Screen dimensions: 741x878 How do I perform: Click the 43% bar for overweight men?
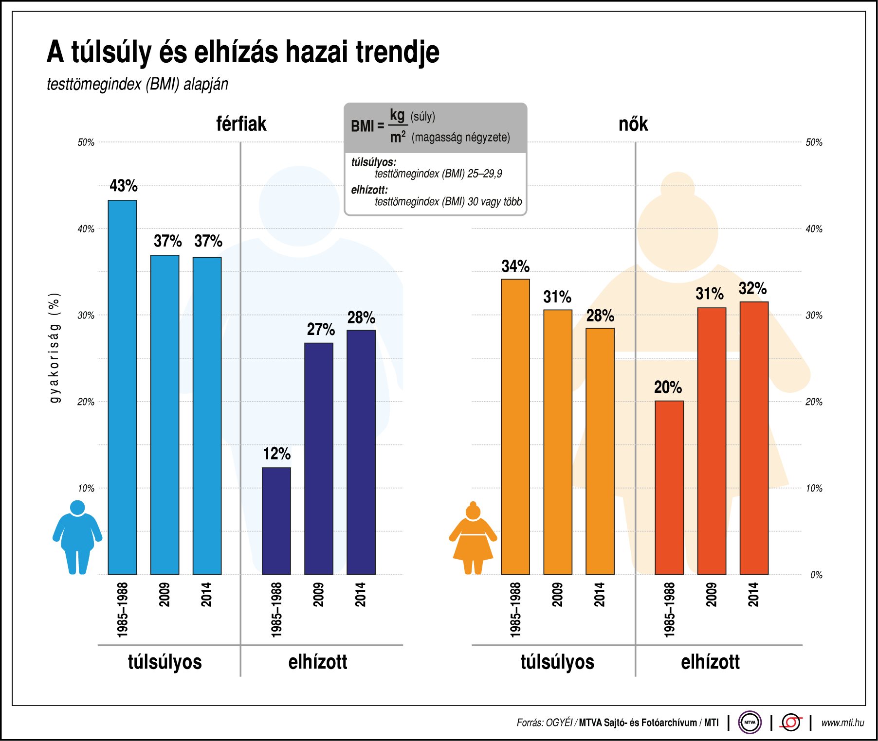[x=122, y=387]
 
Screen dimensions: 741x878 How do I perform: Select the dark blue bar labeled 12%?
[x=276, y=521]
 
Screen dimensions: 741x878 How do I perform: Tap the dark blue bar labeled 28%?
[x=361, y=452]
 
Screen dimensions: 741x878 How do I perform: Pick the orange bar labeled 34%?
[x=515, y=426]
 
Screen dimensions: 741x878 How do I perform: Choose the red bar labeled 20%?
[x=669, y=487]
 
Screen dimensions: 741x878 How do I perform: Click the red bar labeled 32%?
[x=753, y=438]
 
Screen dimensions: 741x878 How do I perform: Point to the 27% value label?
[x=320, y=330]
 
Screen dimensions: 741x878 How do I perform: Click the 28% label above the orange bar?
[x=600, y=316]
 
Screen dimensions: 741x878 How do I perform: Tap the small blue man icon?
[x=77, y=537]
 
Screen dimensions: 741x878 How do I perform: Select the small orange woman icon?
[x=473, y=538]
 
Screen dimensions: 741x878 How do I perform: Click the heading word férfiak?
[x=241, y=124]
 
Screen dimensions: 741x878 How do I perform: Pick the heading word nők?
[x=633, y=124]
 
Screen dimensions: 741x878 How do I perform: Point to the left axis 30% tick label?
[x=86, y=315]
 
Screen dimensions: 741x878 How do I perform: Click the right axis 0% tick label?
[x=816, y=575]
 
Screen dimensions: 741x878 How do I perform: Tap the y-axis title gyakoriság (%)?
[x=55, y=348]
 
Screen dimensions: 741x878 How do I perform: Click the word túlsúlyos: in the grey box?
[x=373, y=162]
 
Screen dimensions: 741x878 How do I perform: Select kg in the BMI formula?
[x=397, y=115]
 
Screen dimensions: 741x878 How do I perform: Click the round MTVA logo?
[x=750, y=722]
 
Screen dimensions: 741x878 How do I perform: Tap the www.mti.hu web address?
[x=842, y=723]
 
